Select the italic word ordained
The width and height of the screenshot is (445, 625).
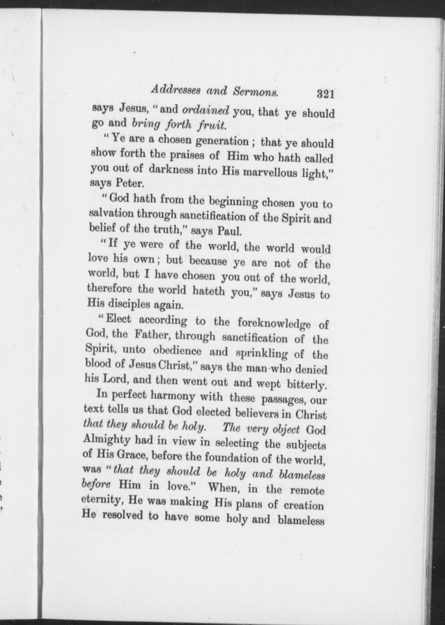pos(206,110)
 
